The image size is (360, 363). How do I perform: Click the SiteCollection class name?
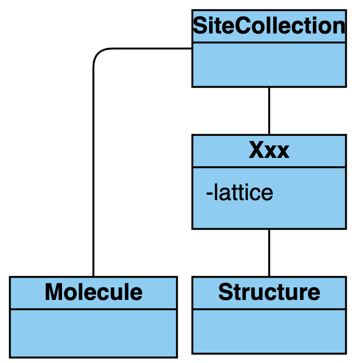269,26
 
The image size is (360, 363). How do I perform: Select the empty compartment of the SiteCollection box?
269,64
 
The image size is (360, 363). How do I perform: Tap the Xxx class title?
269,150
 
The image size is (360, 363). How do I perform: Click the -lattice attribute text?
239,193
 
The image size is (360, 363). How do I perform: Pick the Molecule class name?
93,292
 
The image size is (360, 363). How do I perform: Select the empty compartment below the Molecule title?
93,333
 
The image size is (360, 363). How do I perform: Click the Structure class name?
269,292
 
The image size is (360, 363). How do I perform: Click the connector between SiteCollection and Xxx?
269,110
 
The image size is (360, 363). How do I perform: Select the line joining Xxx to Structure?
269,253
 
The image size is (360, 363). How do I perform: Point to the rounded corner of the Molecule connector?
98,53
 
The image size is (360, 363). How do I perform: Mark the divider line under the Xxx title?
269,167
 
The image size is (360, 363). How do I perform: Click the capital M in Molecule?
53,292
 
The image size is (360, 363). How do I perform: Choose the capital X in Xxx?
256,150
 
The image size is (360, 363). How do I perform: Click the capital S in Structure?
225,292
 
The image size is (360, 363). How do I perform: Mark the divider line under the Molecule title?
93,309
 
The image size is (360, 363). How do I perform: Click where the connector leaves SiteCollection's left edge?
192,48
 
